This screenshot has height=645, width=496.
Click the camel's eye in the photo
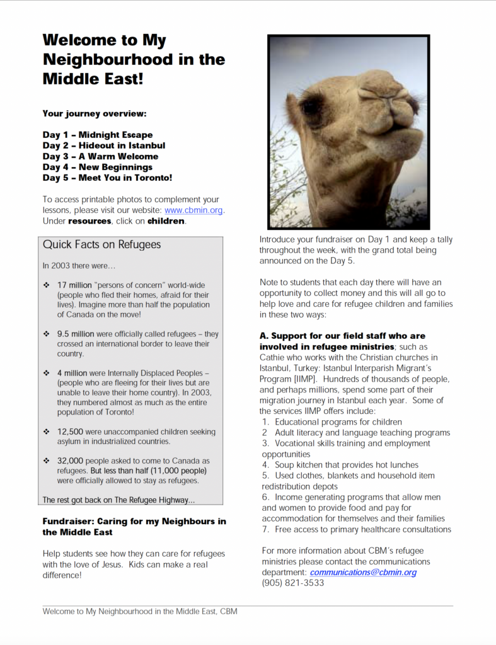tap(311, 106)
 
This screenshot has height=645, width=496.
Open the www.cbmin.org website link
tap(194, 210)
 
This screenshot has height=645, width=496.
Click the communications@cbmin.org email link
tap(363, 572)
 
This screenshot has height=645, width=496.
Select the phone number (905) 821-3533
tap(293, 583)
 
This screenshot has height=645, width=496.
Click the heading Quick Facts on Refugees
tap(102, 244)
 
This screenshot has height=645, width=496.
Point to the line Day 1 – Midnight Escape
tap(98, 135)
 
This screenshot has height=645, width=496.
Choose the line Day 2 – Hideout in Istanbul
tap(104, 146)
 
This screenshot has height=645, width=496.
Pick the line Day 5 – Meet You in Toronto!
tap(108, 178)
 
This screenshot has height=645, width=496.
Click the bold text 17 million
tap(74, 285)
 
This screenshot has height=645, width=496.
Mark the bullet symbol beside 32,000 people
tap(47, 461)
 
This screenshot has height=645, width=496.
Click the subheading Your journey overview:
tap(95, 114)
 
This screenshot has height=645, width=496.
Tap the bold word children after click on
tap(166, 221)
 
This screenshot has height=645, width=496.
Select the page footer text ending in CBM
tap(140, 612)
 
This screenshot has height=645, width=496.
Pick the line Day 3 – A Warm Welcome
tap(101, 156)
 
